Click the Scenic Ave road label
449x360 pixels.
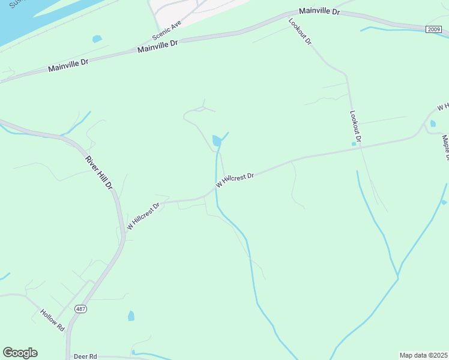167,29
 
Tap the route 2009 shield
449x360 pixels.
434,29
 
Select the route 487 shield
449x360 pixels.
80,308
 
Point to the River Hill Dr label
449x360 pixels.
99,172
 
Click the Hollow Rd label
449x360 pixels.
52,320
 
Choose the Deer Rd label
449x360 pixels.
85,356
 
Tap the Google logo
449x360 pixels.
20,353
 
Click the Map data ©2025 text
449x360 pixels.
423,355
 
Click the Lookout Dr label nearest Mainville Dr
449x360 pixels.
300,32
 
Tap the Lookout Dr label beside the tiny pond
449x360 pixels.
355,126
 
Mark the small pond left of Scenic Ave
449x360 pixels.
97,39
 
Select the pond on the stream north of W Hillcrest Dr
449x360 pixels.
216,140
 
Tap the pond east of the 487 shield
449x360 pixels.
131,316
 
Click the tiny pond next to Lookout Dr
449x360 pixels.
354,143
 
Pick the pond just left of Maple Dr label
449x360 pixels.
433,124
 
